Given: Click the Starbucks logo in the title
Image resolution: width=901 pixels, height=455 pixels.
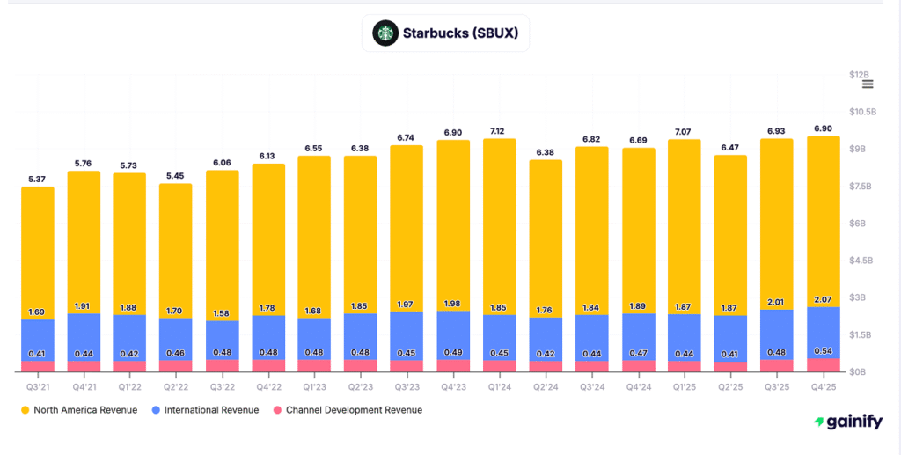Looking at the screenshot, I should (384, 33).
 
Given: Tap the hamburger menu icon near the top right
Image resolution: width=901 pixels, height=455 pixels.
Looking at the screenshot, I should (868, 84).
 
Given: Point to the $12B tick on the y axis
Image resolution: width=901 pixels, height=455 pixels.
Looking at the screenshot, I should (860, 75).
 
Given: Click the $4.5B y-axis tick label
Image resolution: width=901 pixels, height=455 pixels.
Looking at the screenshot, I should (860, 261).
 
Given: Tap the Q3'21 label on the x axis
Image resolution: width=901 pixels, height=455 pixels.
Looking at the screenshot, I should (38, 385).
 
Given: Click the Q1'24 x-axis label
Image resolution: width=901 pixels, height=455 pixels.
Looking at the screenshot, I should (500, 385).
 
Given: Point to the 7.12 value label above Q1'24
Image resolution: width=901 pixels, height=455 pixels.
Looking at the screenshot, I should (500, 131).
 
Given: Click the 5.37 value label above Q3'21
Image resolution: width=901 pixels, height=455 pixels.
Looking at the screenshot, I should (38, 180).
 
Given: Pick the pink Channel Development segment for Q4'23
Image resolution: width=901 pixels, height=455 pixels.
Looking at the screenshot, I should (453, 365).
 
